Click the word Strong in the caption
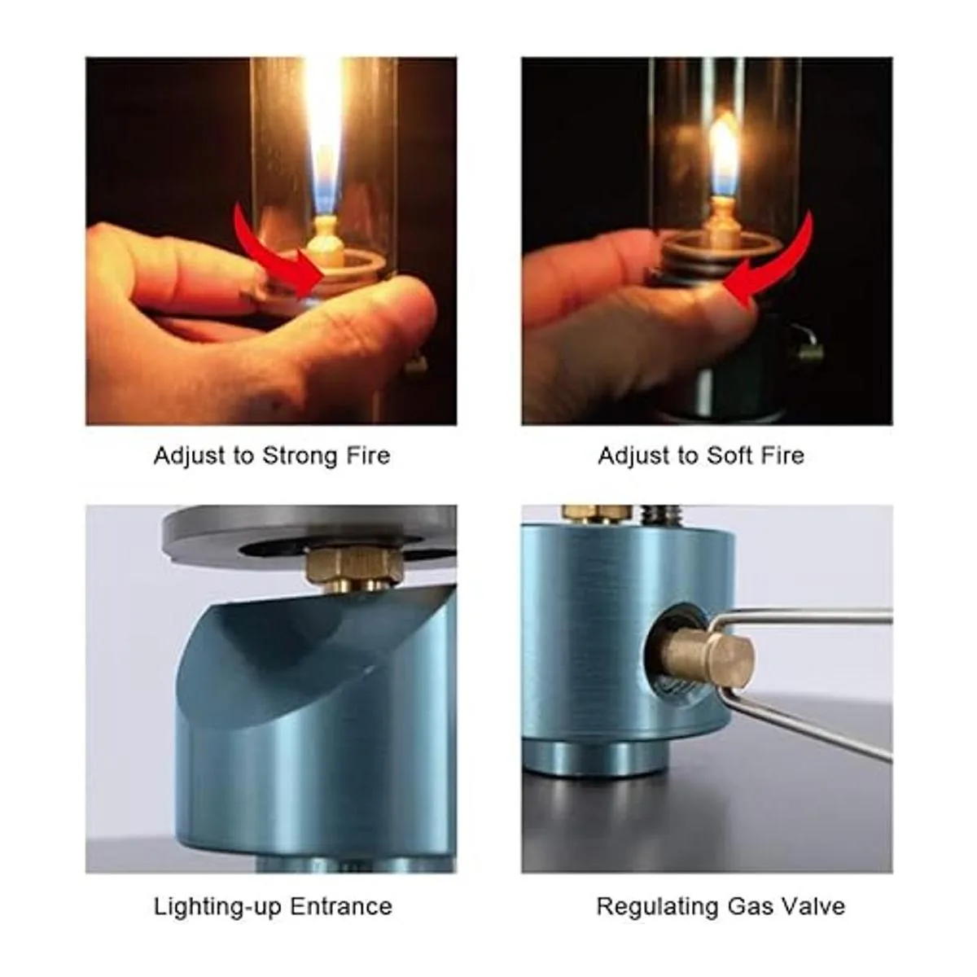point(300,456)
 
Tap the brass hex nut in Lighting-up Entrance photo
point(354,567)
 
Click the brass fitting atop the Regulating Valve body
point(598,513)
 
